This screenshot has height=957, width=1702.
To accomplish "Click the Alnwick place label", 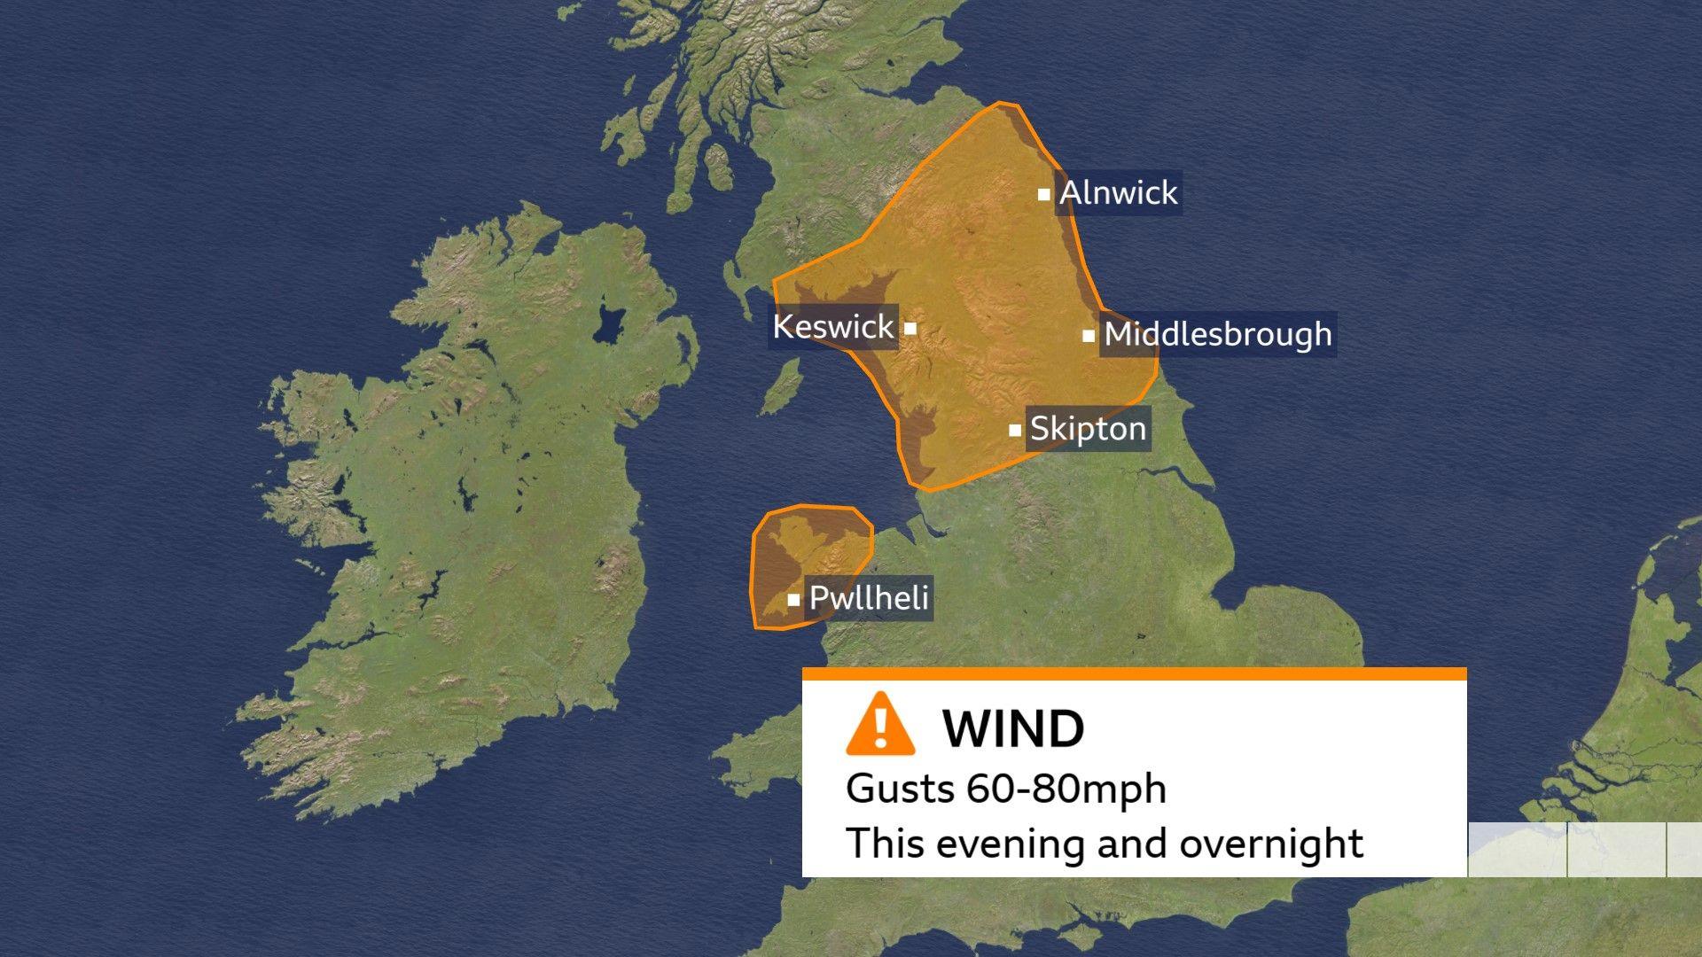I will (1119, 192).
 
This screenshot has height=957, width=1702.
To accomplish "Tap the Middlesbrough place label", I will (1218, 334).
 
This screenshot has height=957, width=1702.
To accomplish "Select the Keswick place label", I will (833, 326).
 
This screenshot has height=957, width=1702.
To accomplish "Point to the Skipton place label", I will (1088, 429).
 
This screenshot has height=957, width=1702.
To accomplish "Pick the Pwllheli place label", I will (869, 598).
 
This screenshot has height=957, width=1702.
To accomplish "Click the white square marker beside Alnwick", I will (1044, 194).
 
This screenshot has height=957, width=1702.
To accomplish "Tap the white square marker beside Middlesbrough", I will (1088, 336).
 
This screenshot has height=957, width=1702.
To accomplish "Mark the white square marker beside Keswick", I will (910, 328).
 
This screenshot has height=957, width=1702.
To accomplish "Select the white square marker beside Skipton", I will (1015, 431).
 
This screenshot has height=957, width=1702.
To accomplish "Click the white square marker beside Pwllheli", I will (793, 600).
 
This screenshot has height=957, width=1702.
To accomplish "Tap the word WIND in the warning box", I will (1013, 728).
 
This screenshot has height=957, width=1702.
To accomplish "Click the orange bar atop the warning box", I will (1134, 674).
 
